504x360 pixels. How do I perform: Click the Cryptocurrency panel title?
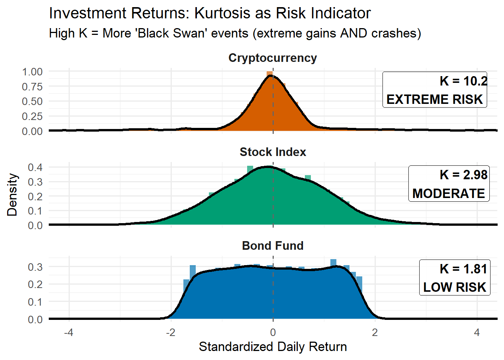[273, 58]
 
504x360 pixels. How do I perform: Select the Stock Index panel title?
[273, 152]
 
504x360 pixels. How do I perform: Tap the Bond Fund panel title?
[273, 246]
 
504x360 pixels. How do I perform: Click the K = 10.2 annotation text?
[463, 81]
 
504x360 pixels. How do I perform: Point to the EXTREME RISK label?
[435, 99]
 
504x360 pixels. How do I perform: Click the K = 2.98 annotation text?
[463, 175]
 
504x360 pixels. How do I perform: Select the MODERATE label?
[448, 193]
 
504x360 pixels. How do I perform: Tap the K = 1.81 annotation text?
[463, 269]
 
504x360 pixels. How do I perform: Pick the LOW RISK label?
[454, 287]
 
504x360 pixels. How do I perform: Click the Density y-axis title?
[12, 195]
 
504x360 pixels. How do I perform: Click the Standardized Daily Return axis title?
[273, 346]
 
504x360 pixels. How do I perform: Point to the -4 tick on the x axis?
[68, 333]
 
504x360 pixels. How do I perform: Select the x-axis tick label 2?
[375, 333]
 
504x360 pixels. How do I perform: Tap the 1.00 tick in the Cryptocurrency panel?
[32, 72]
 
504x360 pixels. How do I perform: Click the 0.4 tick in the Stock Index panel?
[35, 167]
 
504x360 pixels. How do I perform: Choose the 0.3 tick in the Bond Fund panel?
[35, 267]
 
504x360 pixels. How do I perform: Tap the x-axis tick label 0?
[273, 333]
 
